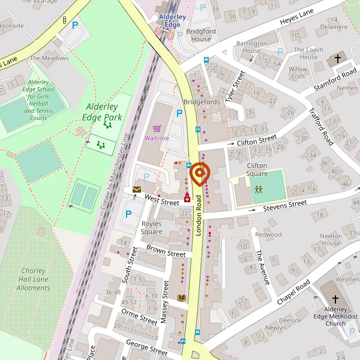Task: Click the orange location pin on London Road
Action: [199, 175]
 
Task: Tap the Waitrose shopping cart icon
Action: [157, 128]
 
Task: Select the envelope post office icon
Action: [137, 190]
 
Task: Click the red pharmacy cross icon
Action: [187, 199]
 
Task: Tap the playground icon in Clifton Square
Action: [259, 188]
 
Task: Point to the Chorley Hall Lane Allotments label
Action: [33, 279]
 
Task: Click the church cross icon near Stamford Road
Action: [337, 59]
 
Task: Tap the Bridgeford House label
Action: [198, 34]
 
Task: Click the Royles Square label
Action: [151, 227]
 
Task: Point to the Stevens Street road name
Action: [285, 206]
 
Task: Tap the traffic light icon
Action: [64, 20]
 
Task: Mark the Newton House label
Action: [331, 239]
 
